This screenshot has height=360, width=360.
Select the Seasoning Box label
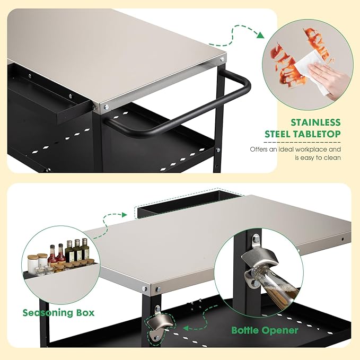point(58,312)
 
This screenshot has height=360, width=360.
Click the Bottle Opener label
point(265,330)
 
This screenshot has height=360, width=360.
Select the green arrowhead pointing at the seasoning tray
point(125,215)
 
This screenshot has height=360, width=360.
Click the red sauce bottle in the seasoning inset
point(52,256)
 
